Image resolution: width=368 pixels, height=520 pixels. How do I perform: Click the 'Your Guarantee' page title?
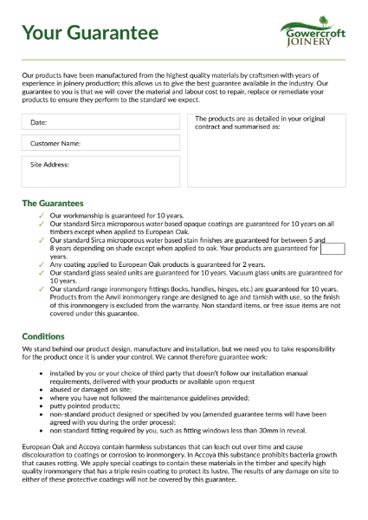(90, 33)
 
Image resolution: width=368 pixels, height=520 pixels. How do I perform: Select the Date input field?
(101, 123)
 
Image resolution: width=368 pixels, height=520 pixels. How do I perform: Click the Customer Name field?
(101, 143)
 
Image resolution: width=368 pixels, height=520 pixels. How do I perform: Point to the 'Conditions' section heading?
(43, 336)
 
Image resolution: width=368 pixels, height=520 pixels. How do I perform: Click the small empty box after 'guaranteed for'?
(332, 250)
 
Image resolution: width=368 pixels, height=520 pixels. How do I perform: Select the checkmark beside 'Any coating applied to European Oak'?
(42, 264)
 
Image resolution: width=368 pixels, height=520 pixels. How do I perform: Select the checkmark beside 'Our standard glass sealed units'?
(42, 273)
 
